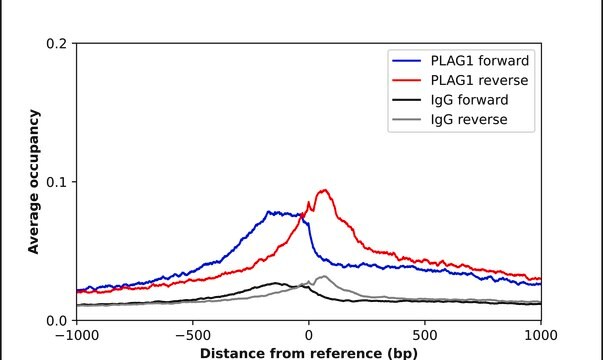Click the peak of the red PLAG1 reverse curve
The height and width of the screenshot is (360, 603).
click(324, 190)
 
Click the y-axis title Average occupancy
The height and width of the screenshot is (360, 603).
click(33, 182)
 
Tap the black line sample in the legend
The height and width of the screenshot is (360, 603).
click(408, 99)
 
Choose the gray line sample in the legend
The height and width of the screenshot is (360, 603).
click(408, 120)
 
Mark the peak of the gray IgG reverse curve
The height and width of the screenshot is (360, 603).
click(323, 276)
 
